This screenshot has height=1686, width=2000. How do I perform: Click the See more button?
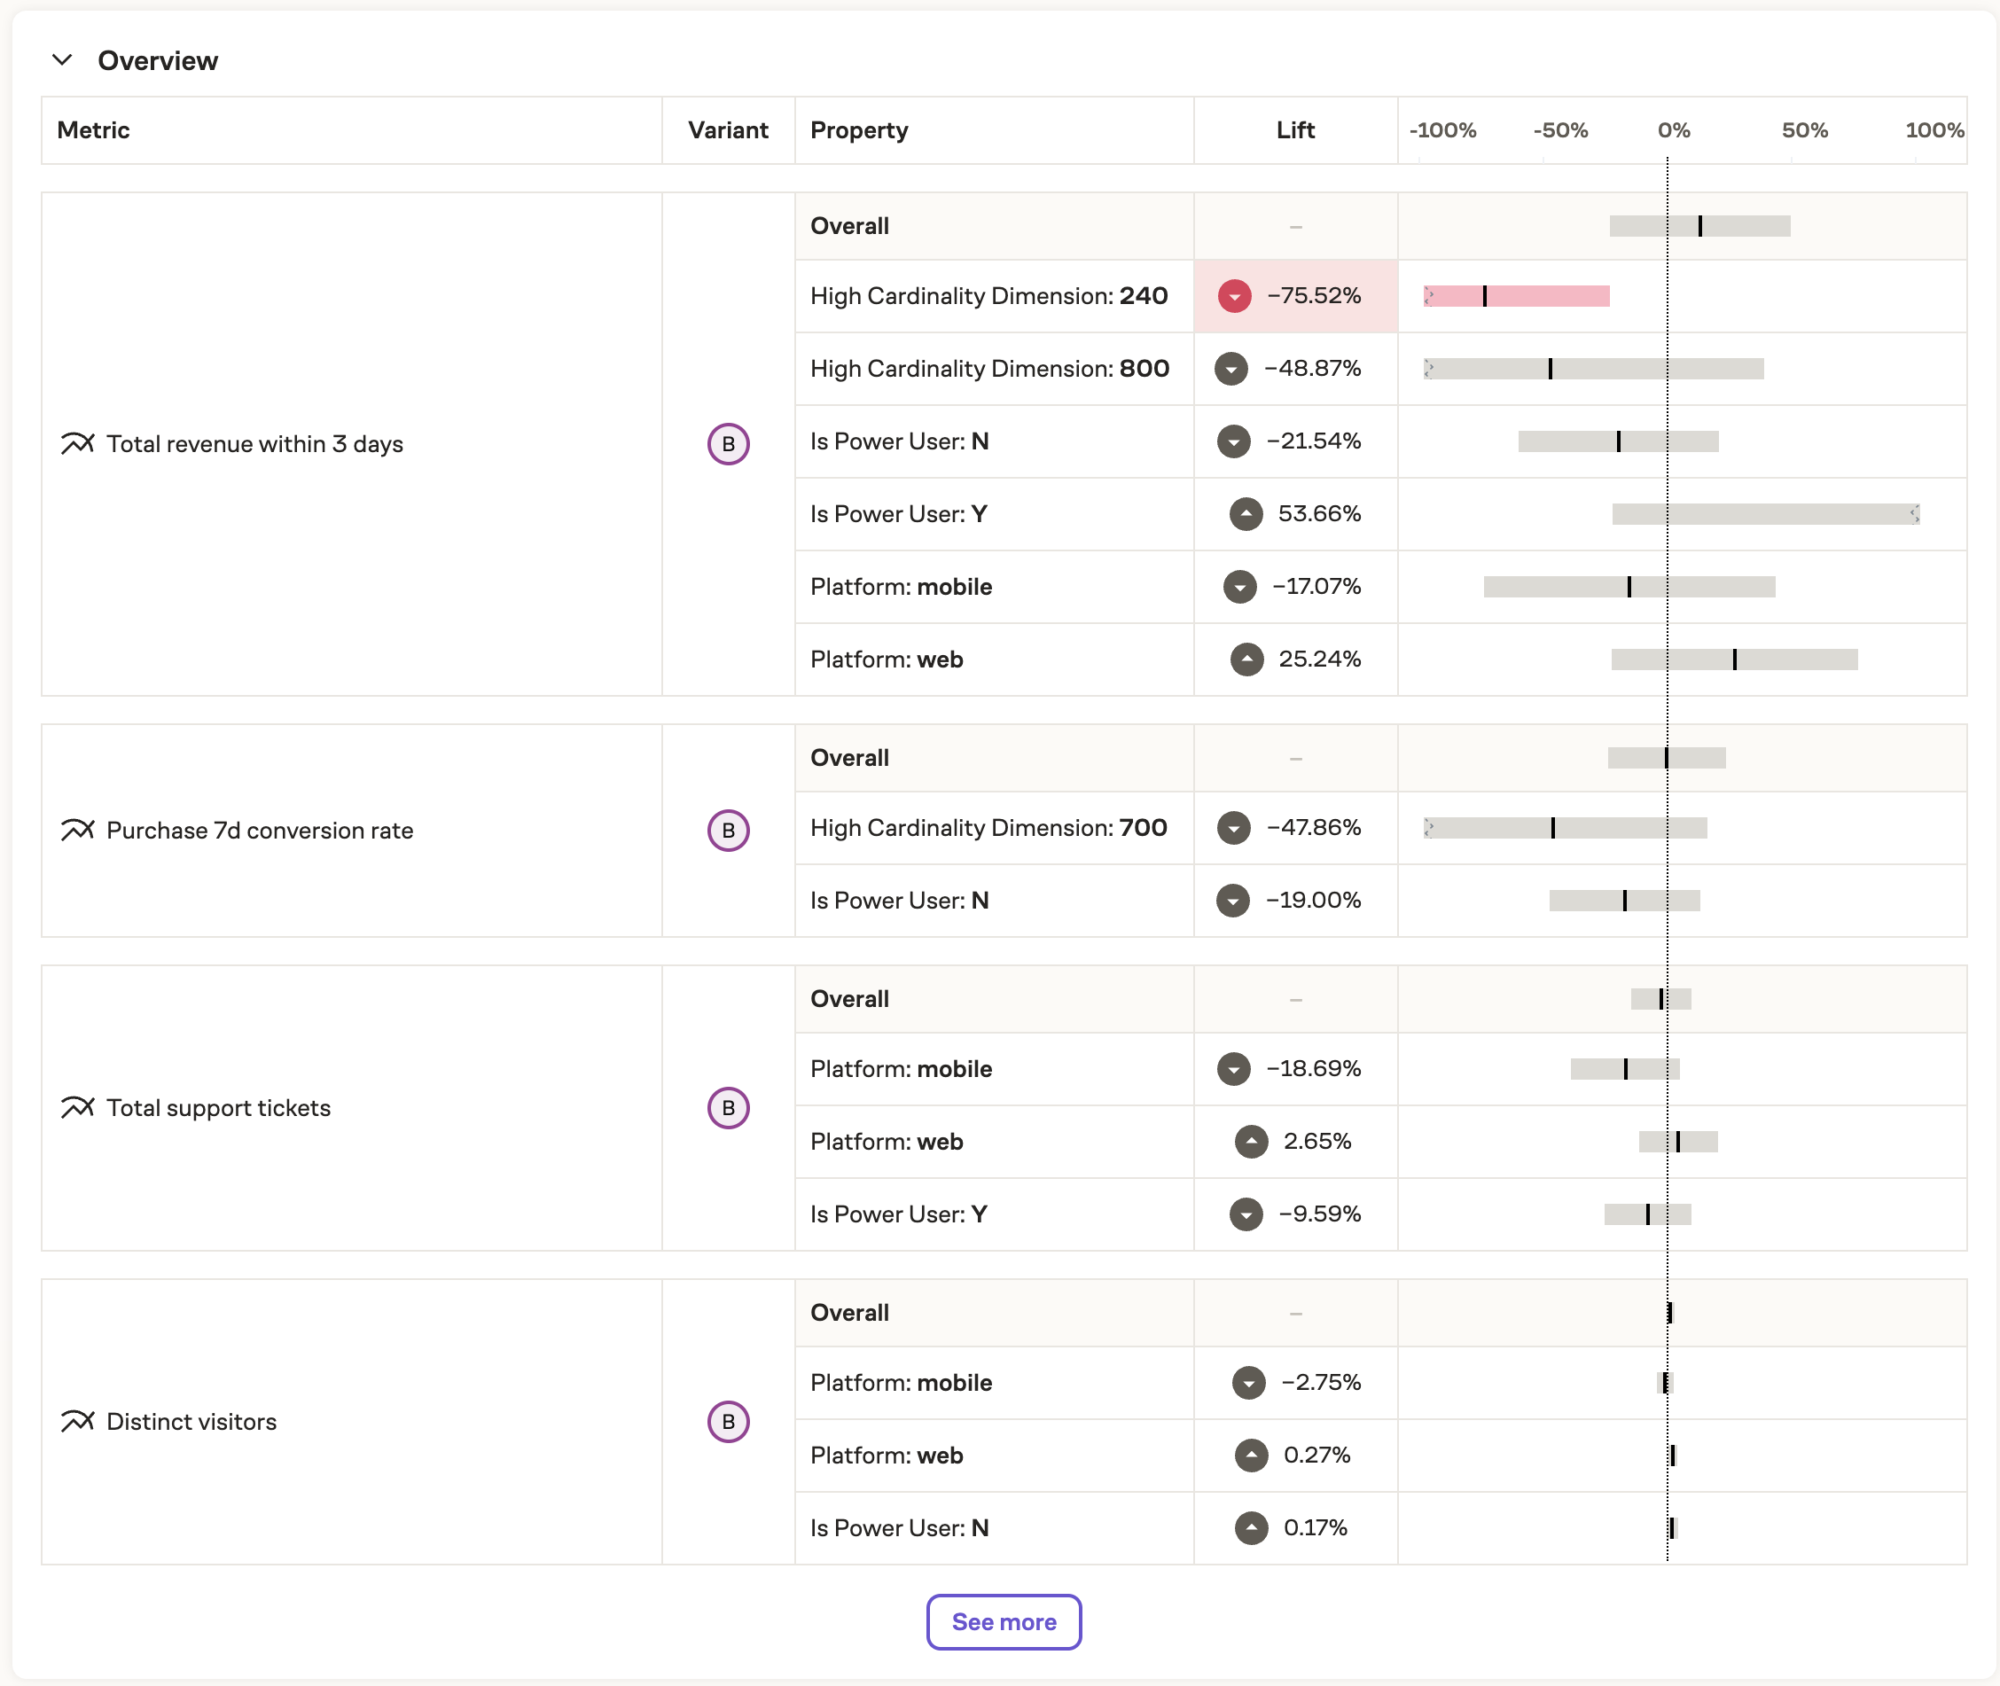pos(1003,1622)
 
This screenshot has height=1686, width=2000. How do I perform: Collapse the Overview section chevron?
pos(62,60)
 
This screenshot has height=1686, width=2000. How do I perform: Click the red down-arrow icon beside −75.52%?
pos(1233,296)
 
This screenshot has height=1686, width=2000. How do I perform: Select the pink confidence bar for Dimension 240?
pos(1515,296)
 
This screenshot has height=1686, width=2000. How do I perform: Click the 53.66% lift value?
pos(1318,514)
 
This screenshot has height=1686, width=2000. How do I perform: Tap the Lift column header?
pos(1294,130)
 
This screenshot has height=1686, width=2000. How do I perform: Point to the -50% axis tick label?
pos(1559,130)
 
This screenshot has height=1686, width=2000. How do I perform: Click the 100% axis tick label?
pos(1934,130)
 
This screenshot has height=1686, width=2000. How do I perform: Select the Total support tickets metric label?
pos(218,1108)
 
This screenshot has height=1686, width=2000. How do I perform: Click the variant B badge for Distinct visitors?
pos(728,1421)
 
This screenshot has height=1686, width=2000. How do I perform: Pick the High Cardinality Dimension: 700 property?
pos(988,828)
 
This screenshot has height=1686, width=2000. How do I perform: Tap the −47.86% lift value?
pos(1313,828)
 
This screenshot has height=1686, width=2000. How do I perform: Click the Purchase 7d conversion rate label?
pos(259,831)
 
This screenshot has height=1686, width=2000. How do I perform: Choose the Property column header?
pos(858,130)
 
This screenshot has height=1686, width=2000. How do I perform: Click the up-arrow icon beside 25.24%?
pos(1246,660)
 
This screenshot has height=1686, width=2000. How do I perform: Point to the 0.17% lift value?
pos(1315,1527)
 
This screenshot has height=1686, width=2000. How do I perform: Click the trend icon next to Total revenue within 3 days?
pos(77,443)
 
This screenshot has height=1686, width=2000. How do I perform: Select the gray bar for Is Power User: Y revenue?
pos(1764,514)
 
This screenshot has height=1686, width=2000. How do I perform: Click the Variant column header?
pos(728,130)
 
